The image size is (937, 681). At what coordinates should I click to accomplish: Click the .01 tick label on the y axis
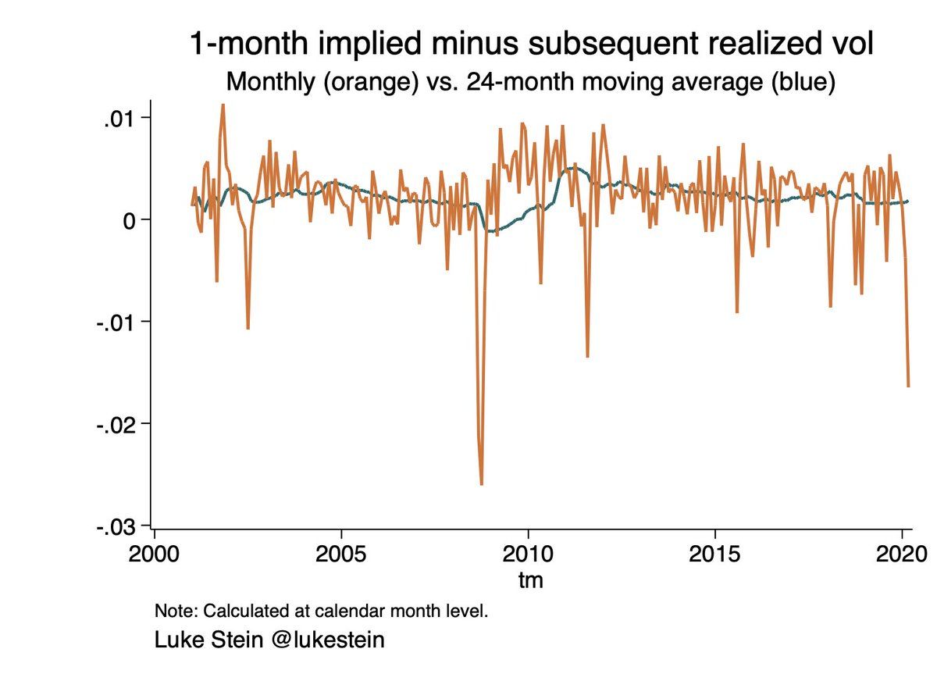[119, 118]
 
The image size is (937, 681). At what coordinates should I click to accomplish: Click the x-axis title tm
[531, 580]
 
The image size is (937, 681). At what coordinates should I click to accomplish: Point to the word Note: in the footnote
[176, 610]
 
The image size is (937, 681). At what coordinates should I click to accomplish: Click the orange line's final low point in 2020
[908, 386]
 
